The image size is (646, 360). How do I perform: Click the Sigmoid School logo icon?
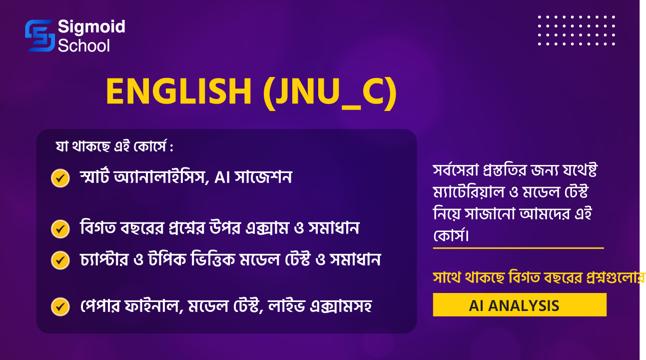click(39, 35)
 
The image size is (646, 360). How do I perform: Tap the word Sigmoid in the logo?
click(91, 26)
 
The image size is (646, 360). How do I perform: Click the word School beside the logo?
click(83, 45)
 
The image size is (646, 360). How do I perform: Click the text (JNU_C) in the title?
click(330, 92)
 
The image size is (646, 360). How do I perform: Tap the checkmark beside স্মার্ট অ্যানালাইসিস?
click(60, 178)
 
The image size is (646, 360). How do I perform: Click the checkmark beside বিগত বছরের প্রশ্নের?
click(60, 229)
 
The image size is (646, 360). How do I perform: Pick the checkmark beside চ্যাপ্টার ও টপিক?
click(60, 260)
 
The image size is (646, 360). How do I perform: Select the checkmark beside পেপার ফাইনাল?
click(60, 306)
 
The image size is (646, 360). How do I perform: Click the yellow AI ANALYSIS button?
click(519, 305)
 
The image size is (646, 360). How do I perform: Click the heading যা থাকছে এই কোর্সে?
click(117, 147)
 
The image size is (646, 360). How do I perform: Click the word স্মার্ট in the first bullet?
click(97, 177)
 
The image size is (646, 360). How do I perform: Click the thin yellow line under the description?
click(518, 248)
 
